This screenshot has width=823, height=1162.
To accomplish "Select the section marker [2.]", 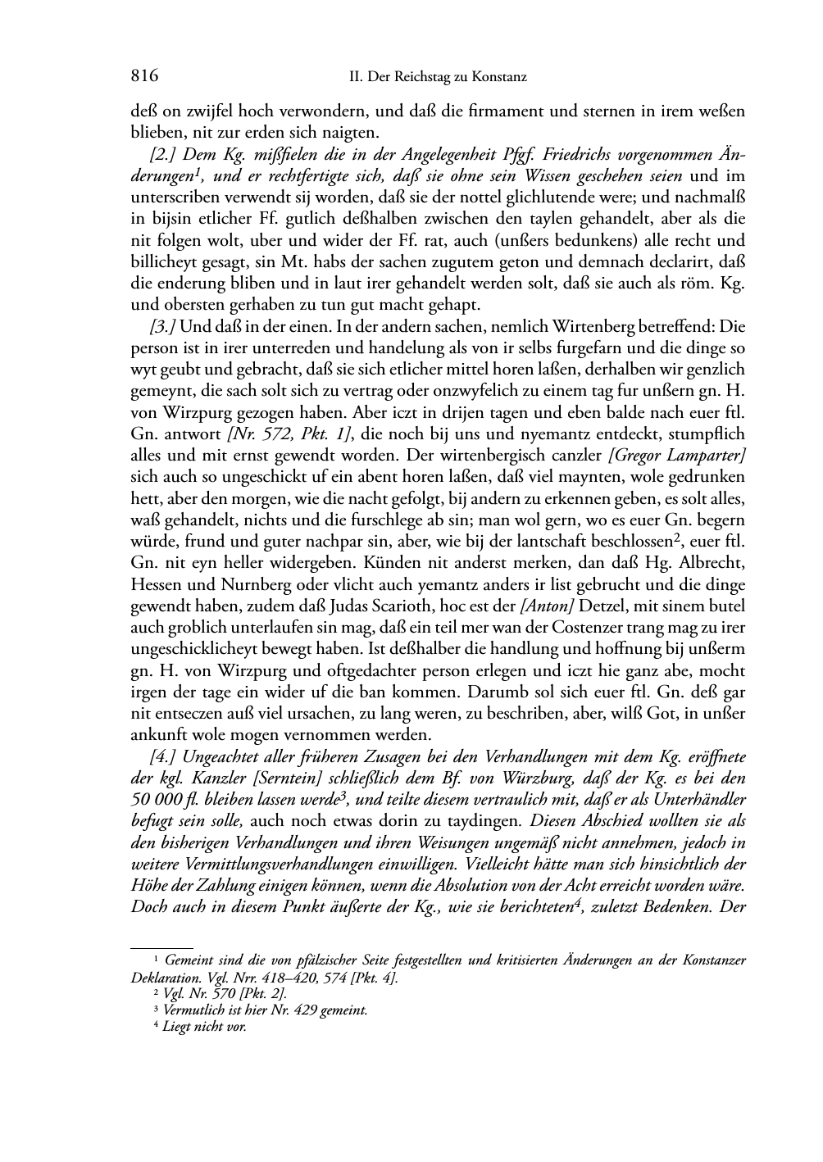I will pos(165,155).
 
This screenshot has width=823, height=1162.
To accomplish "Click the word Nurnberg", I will pos(260,584).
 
